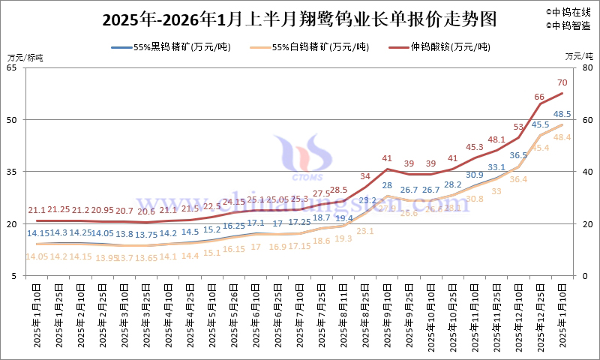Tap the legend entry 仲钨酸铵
point(449,47)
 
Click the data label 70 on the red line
point(562,82)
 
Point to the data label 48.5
point(562,114)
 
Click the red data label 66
point(538,97)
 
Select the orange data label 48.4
point(562,137)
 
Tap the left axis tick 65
point(13,67)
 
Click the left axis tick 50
point(13,120)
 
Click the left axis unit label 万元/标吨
point(25,57)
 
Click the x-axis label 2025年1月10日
point(37,316)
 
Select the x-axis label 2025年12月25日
point(539,316)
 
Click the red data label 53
point(518,127)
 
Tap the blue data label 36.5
point(518,155)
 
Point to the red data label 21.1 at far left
point(37,210)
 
